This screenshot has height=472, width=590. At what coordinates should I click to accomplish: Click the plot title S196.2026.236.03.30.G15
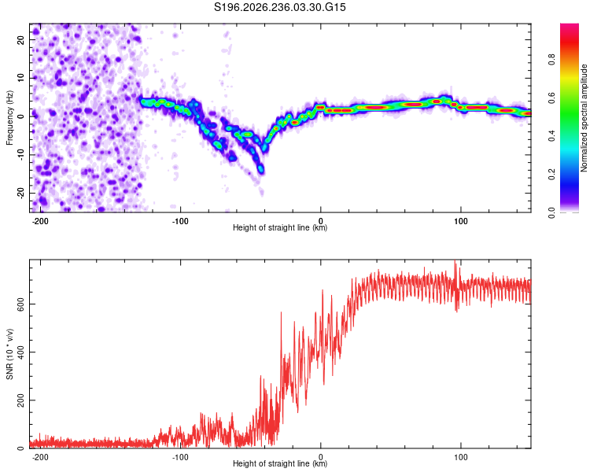coord(279,7)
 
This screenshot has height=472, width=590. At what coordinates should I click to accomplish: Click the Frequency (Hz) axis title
coord(9,118)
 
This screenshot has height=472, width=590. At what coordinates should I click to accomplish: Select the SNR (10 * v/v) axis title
coord(9,354)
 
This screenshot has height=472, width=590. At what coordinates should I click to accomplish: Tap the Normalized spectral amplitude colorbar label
coord(584,118)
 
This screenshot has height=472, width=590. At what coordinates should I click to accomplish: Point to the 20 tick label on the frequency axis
coord(20,39)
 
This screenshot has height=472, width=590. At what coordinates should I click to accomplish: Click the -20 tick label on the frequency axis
coord(20,194)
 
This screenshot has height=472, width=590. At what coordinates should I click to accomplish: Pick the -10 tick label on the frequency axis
coord(20,155)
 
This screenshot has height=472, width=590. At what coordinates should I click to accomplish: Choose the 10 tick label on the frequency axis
coord(20,78)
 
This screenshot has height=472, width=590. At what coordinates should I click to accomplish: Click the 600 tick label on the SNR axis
coord(20,304)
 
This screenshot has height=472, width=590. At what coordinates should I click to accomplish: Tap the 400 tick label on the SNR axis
coord(20,352)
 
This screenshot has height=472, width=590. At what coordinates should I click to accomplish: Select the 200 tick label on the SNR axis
coord(20,400)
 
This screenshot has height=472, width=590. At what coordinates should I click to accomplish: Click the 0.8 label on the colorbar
coord(551,59)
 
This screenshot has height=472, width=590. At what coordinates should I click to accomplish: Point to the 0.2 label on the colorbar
coord(551,175)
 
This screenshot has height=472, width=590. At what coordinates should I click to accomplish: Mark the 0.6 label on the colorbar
coord(551,98)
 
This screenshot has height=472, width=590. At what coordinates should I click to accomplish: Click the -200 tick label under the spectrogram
coord(40,221)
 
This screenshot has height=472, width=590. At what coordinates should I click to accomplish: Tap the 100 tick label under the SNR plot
coord(460,457)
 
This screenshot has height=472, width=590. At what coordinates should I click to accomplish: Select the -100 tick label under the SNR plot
coord(180,457)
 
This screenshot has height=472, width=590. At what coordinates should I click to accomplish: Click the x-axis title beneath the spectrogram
coord(280,227)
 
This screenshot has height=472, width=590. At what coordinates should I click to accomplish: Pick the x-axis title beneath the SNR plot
coord(280,463)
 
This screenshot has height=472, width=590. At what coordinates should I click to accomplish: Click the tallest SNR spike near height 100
coord(455,260)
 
